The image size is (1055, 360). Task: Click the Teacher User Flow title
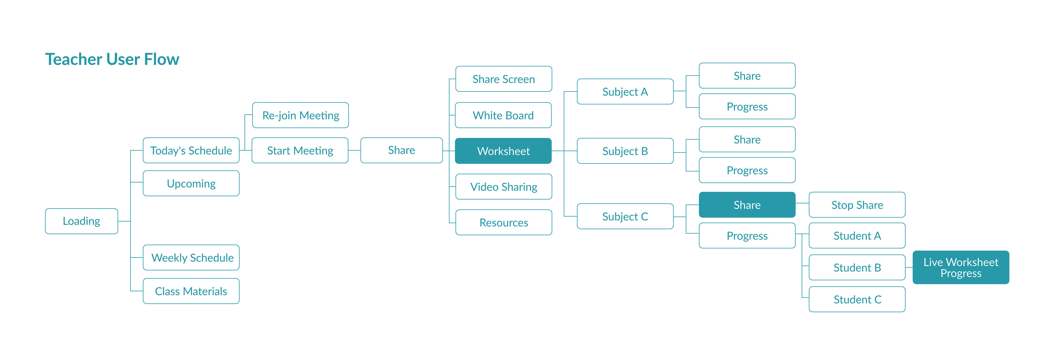112,59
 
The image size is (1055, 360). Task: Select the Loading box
82,221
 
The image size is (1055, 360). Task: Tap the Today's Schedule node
191,150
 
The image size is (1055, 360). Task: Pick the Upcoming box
191,184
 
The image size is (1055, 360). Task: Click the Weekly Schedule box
191,257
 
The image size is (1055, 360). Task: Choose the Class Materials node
191,291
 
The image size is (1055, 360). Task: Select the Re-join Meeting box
301,115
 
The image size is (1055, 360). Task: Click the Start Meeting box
300,150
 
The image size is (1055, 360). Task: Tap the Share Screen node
504,79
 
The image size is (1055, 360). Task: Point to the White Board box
503,115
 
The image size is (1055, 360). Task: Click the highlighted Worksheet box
503,151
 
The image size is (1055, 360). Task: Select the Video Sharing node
504,187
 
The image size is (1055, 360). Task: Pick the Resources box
504,222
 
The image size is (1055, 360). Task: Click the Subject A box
625,92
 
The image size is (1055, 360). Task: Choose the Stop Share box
857,205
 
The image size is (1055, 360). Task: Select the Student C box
857,299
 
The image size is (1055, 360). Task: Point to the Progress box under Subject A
747,106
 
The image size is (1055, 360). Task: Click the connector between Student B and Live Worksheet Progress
909,267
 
